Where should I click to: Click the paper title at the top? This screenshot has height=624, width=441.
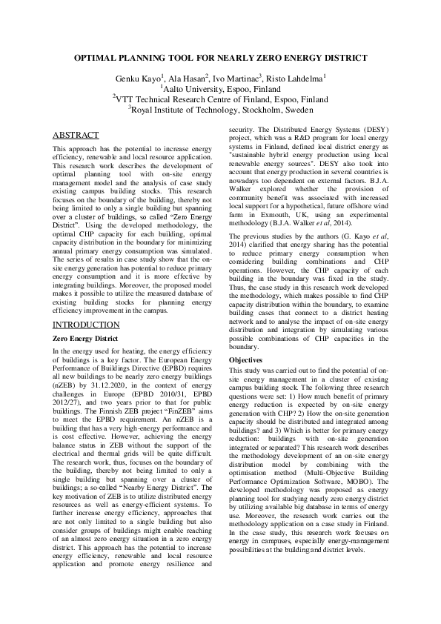(220, 57)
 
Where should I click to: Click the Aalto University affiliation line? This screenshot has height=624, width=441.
(220, 87)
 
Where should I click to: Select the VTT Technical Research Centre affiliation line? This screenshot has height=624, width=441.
(220, 98)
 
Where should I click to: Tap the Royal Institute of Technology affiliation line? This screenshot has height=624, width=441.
(220, 108)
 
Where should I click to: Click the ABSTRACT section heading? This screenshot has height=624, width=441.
(76, 135)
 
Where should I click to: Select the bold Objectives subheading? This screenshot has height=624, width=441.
(247, 359)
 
